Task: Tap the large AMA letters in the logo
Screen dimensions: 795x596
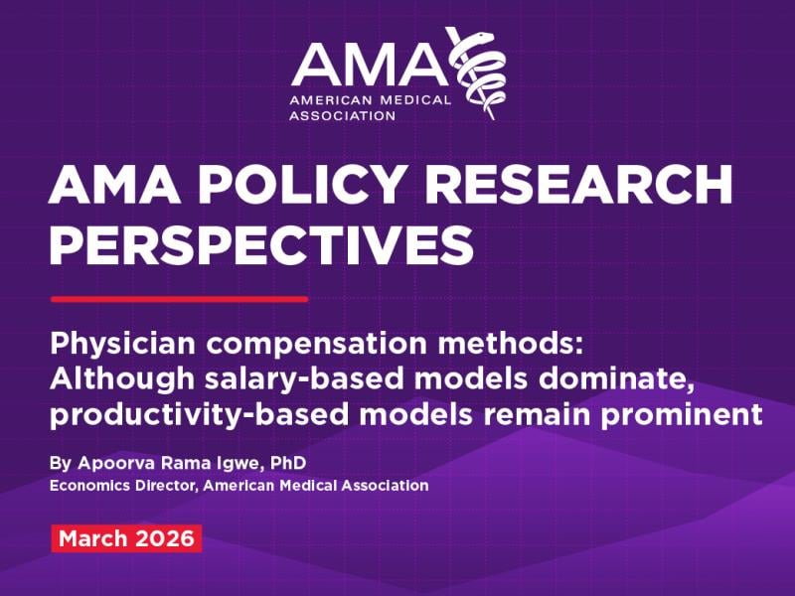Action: point(370,65)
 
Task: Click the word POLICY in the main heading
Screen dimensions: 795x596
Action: point(302,184)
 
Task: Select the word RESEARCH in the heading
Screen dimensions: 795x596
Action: point(578,184)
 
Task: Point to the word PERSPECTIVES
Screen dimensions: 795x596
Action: point(261,244)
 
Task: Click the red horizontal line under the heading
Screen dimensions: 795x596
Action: point(180,300)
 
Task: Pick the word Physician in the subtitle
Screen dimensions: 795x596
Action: point(122,344)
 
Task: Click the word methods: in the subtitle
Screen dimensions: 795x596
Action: point(511,343)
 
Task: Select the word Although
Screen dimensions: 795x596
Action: point(122,379)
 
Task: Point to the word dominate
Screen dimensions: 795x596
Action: point(616,379)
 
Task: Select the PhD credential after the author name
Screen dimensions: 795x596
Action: point(288,463)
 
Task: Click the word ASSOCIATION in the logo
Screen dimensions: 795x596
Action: point(342,115)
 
